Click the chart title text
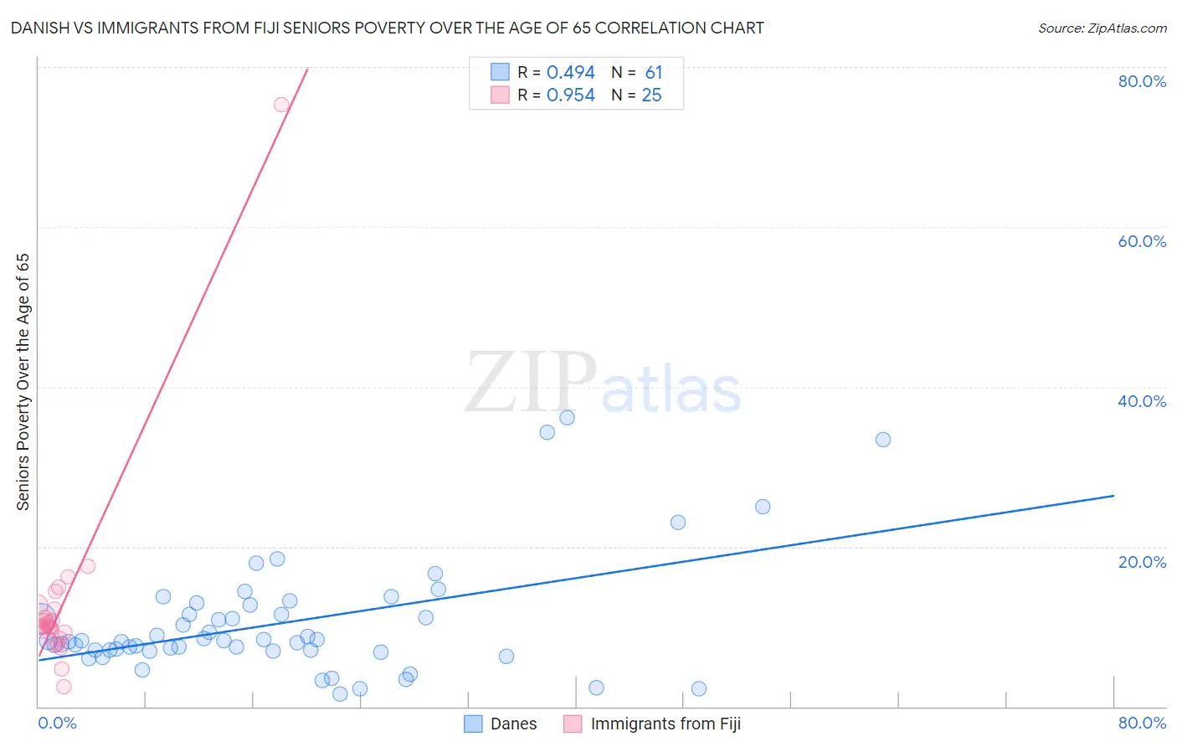pyautogui.click(x=387, y=28)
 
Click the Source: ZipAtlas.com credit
pyautogui.click(x=1102, y=28)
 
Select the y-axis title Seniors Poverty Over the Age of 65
pyautogui.click(x=23, y=382)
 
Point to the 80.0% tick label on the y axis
pyautogui.click(x=1142, y=81)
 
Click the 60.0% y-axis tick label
pyautogui.click(x=1142, y=241)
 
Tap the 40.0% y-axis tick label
pyautogui.click(x=1142, y=401)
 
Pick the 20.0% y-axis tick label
pyautogui.click(x=1142, y=562)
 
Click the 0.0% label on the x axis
pyautogui.click(x=57, y=723)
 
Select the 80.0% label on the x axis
pyautogui.click(x=1142, y=723)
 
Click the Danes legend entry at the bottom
pyautogui.click(x=501, y=724)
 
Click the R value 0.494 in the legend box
pyautogui.click(x=570, y=73)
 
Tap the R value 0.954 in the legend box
pyautogui.click(x=570, y=95)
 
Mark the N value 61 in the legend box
pyautogui.click(x=653, y=73)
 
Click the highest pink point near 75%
pyautogui.click(x=281, y=105)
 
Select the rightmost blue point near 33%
pyautogui.click(x=882, y=440)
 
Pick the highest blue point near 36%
pyautogui.click(x=567, y=418)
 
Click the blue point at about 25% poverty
pyautogui.click(x=763, y=507)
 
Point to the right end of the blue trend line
pyautogui.click(x=1113, y=496)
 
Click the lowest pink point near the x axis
pyautogui.click(x=64, y=687)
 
